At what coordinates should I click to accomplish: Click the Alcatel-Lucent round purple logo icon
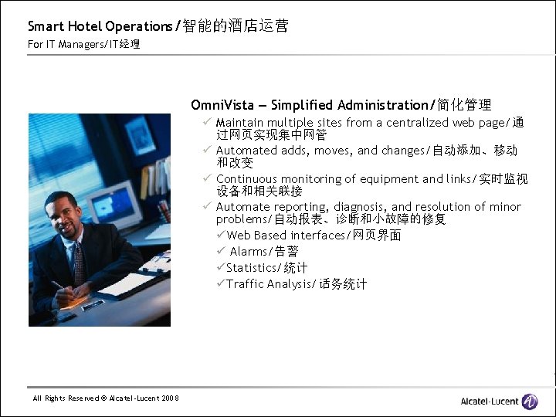(x=530, y=401)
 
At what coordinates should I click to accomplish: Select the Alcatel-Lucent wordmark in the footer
(x=489, y=402)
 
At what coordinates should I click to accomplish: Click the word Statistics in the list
(x=251, y=268)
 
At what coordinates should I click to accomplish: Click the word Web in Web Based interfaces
(x=239, y=236)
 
